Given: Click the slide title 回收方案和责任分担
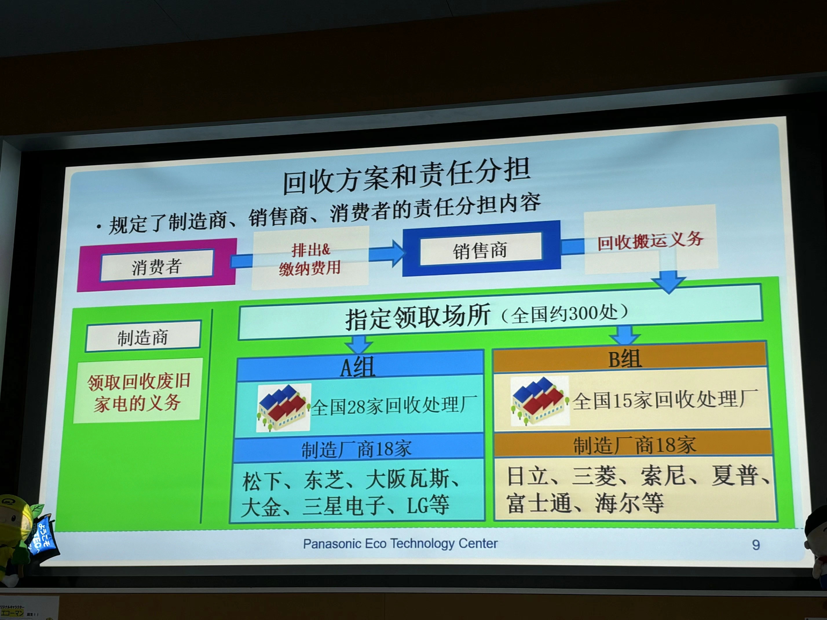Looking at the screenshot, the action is [406, 176].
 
